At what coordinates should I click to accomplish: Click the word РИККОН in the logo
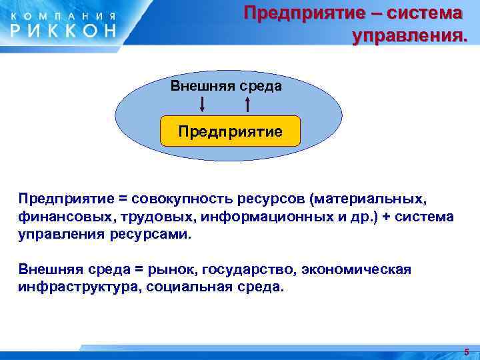click(x=63, y=30)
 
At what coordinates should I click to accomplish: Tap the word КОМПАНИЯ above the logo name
click(x=63, y=15)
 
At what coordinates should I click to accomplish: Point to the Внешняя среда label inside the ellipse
click(x=226, y=86)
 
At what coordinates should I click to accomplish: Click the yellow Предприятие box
click(x=230, y=131)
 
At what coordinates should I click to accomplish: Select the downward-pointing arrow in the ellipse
click(x=203, y=103)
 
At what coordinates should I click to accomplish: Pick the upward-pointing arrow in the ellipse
click(x=247, y=103)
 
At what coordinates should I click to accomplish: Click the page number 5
click(x=467, y=351)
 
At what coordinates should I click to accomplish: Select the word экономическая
click(x=357, y=269)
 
